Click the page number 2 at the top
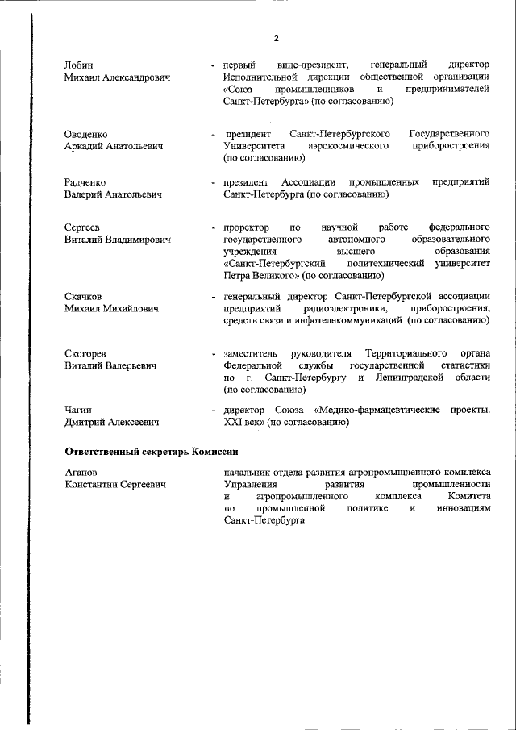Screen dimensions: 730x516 tap(275, 39)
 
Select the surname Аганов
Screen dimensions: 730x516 tap(81, 472)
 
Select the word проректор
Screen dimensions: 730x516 tap(246, 227)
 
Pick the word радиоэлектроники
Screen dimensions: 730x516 tap(339, 309)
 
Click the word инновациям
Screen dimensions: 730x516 tap(461, 510)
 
